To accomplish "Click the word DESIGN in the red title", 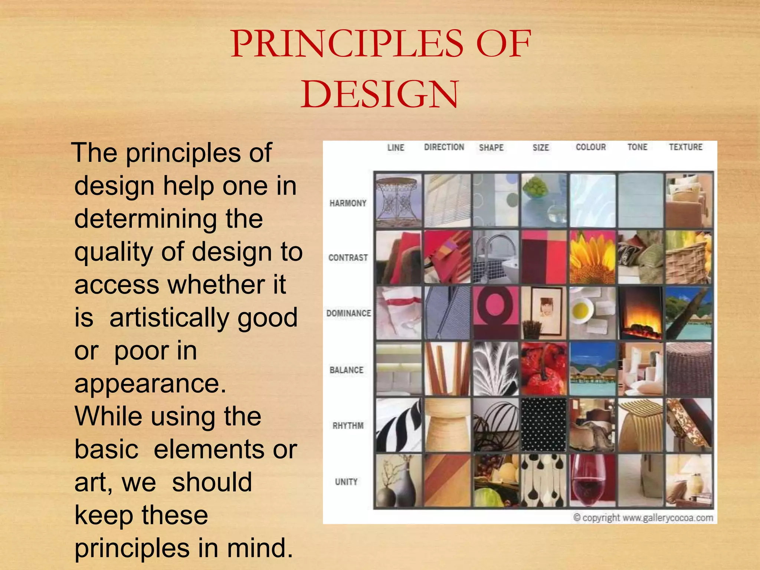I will tap(380, 94).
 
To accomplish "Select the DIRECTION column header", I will tap(444, 147).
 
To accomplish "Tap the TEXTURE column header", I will tap(685, 147).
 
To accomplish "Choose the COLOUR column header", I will tap(590, 147).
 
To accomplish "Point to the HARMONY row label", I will tap(348, 203).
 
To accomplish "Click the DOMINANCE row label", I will tap(348, 313).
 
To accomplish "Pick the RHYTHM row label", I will tap(348, 425).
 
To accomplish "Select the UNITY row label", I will tap(346, 482).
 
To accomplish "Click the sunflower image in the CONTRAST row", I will tap(592, 257).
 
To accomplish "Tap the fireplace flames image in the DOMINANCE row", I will tap(641, 313).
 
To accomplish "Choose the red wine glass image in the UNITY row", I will tap(592, 481).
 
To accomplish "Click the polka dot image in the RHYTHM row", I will tap(544, 425).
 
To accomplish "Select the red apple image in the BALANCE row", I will tap(544, 369).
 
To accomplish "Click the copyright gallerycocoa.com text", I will tap(643, 517).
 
